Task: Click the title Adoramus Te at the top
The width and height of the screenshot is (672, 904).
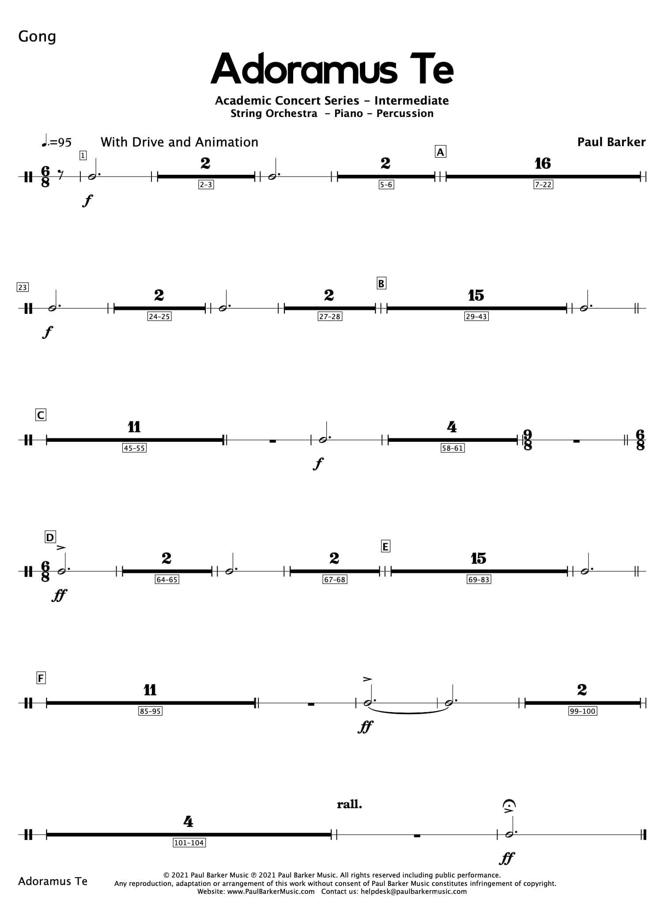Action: coord(332,69)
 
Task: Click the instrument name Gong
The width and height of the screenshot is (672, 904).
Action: coord(37,36)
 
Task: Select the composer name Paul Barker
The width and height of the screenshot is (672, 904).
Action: coord(611,142)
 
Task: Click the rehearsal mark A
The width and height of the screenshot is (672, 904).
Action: coord(440,152)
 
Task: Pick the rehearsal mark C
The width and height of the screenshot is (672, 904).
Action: coord(41,415)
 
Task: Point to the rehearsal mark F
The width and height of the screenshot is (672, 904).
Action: coord(41,678)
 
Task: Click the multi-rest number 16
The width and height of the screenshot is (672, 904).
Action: coord(543,164)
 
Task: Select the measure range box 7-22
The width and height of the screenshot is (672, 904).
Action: coord(543,185)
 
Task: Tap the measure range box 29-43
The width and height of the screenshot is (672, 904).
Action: coord(476,316)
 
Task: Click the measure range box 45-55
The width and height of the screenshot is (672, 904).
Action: coord(134,448)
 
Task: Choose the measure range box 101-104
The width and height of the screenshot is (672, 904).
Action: coord(189,843)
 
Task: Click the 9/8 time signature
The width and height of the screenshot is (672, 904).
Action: coord(528,440)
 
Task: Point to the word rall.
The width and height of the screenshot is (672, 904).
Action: coord(349,804)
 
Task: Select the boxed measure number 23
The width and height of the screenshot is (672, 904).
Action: coord(22,287)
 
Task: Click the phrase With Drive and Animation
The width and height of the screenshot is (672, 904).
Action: coord(179,142)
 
